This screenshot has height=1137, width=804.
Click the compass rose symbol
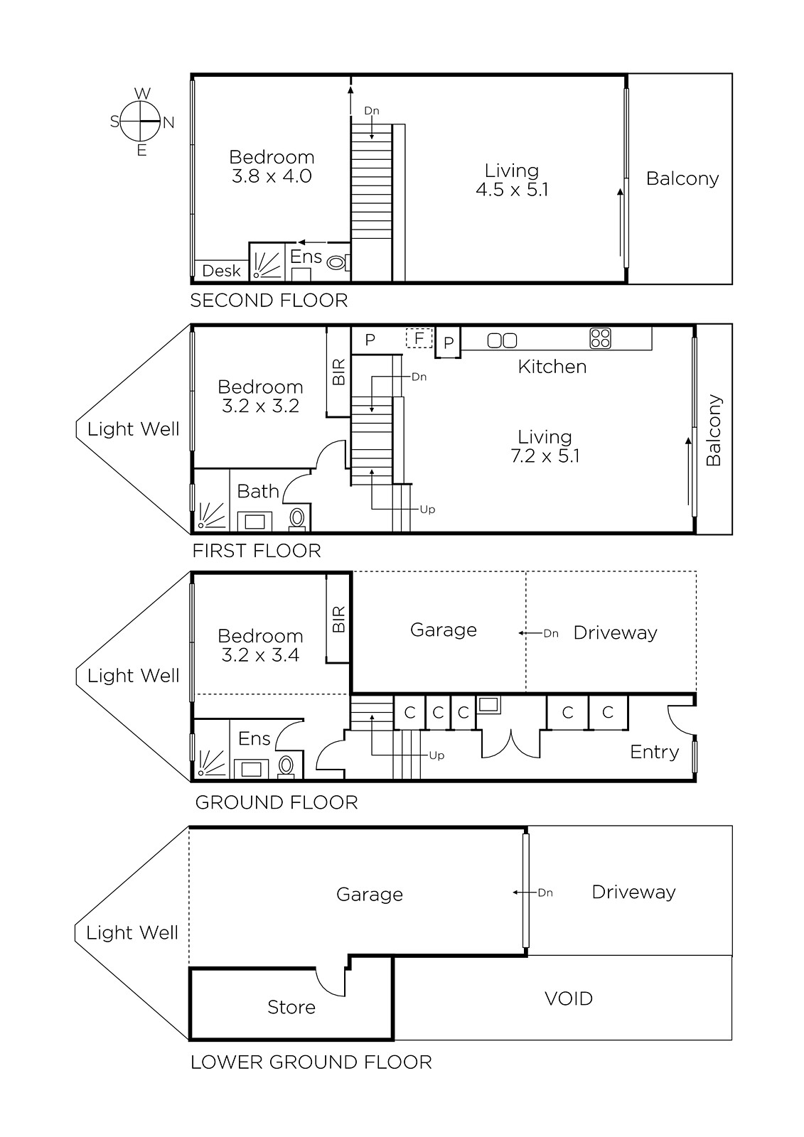(140, 122)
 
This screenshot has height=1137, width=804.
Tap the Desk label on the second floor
(221, 271)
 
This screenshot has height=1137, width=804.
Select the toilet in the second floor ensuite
(338, 262)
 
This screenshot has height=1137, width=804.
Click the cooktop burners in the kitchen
(600, 338)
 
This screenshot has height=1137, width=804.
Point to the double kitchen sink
(502, 340)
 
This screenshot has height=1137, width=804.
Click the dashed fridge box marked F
(419, 338)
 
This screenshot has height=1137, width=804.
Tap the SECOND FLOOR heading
(269, 301)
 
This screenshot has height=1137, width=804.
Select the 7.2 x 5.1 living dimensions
(545, 456)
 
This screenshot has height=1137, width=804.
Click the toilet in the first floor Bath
(297, 519)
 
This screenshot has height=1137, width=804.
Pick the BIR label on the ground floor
(338, 619)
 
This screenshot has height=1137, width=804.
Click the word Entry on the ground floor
(654, 753)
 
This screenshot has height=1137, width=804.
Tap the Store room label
(291, 1007)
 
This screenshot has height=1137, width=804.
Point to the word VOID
(568, 998)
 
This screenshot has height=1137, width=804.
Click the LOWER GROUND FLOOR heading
(311, 1062)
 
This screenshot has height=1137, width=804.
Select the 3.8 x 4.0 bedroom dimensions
(272, 176)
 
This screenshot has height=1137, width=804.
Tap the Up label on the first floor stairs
(427, 510)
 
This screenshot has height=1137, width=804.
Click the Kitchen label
(552, 367)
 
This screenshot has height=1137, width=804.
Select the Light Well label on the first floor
(133, 429)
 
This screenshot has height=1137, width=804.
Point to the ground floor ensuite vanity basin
(252, 769)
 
